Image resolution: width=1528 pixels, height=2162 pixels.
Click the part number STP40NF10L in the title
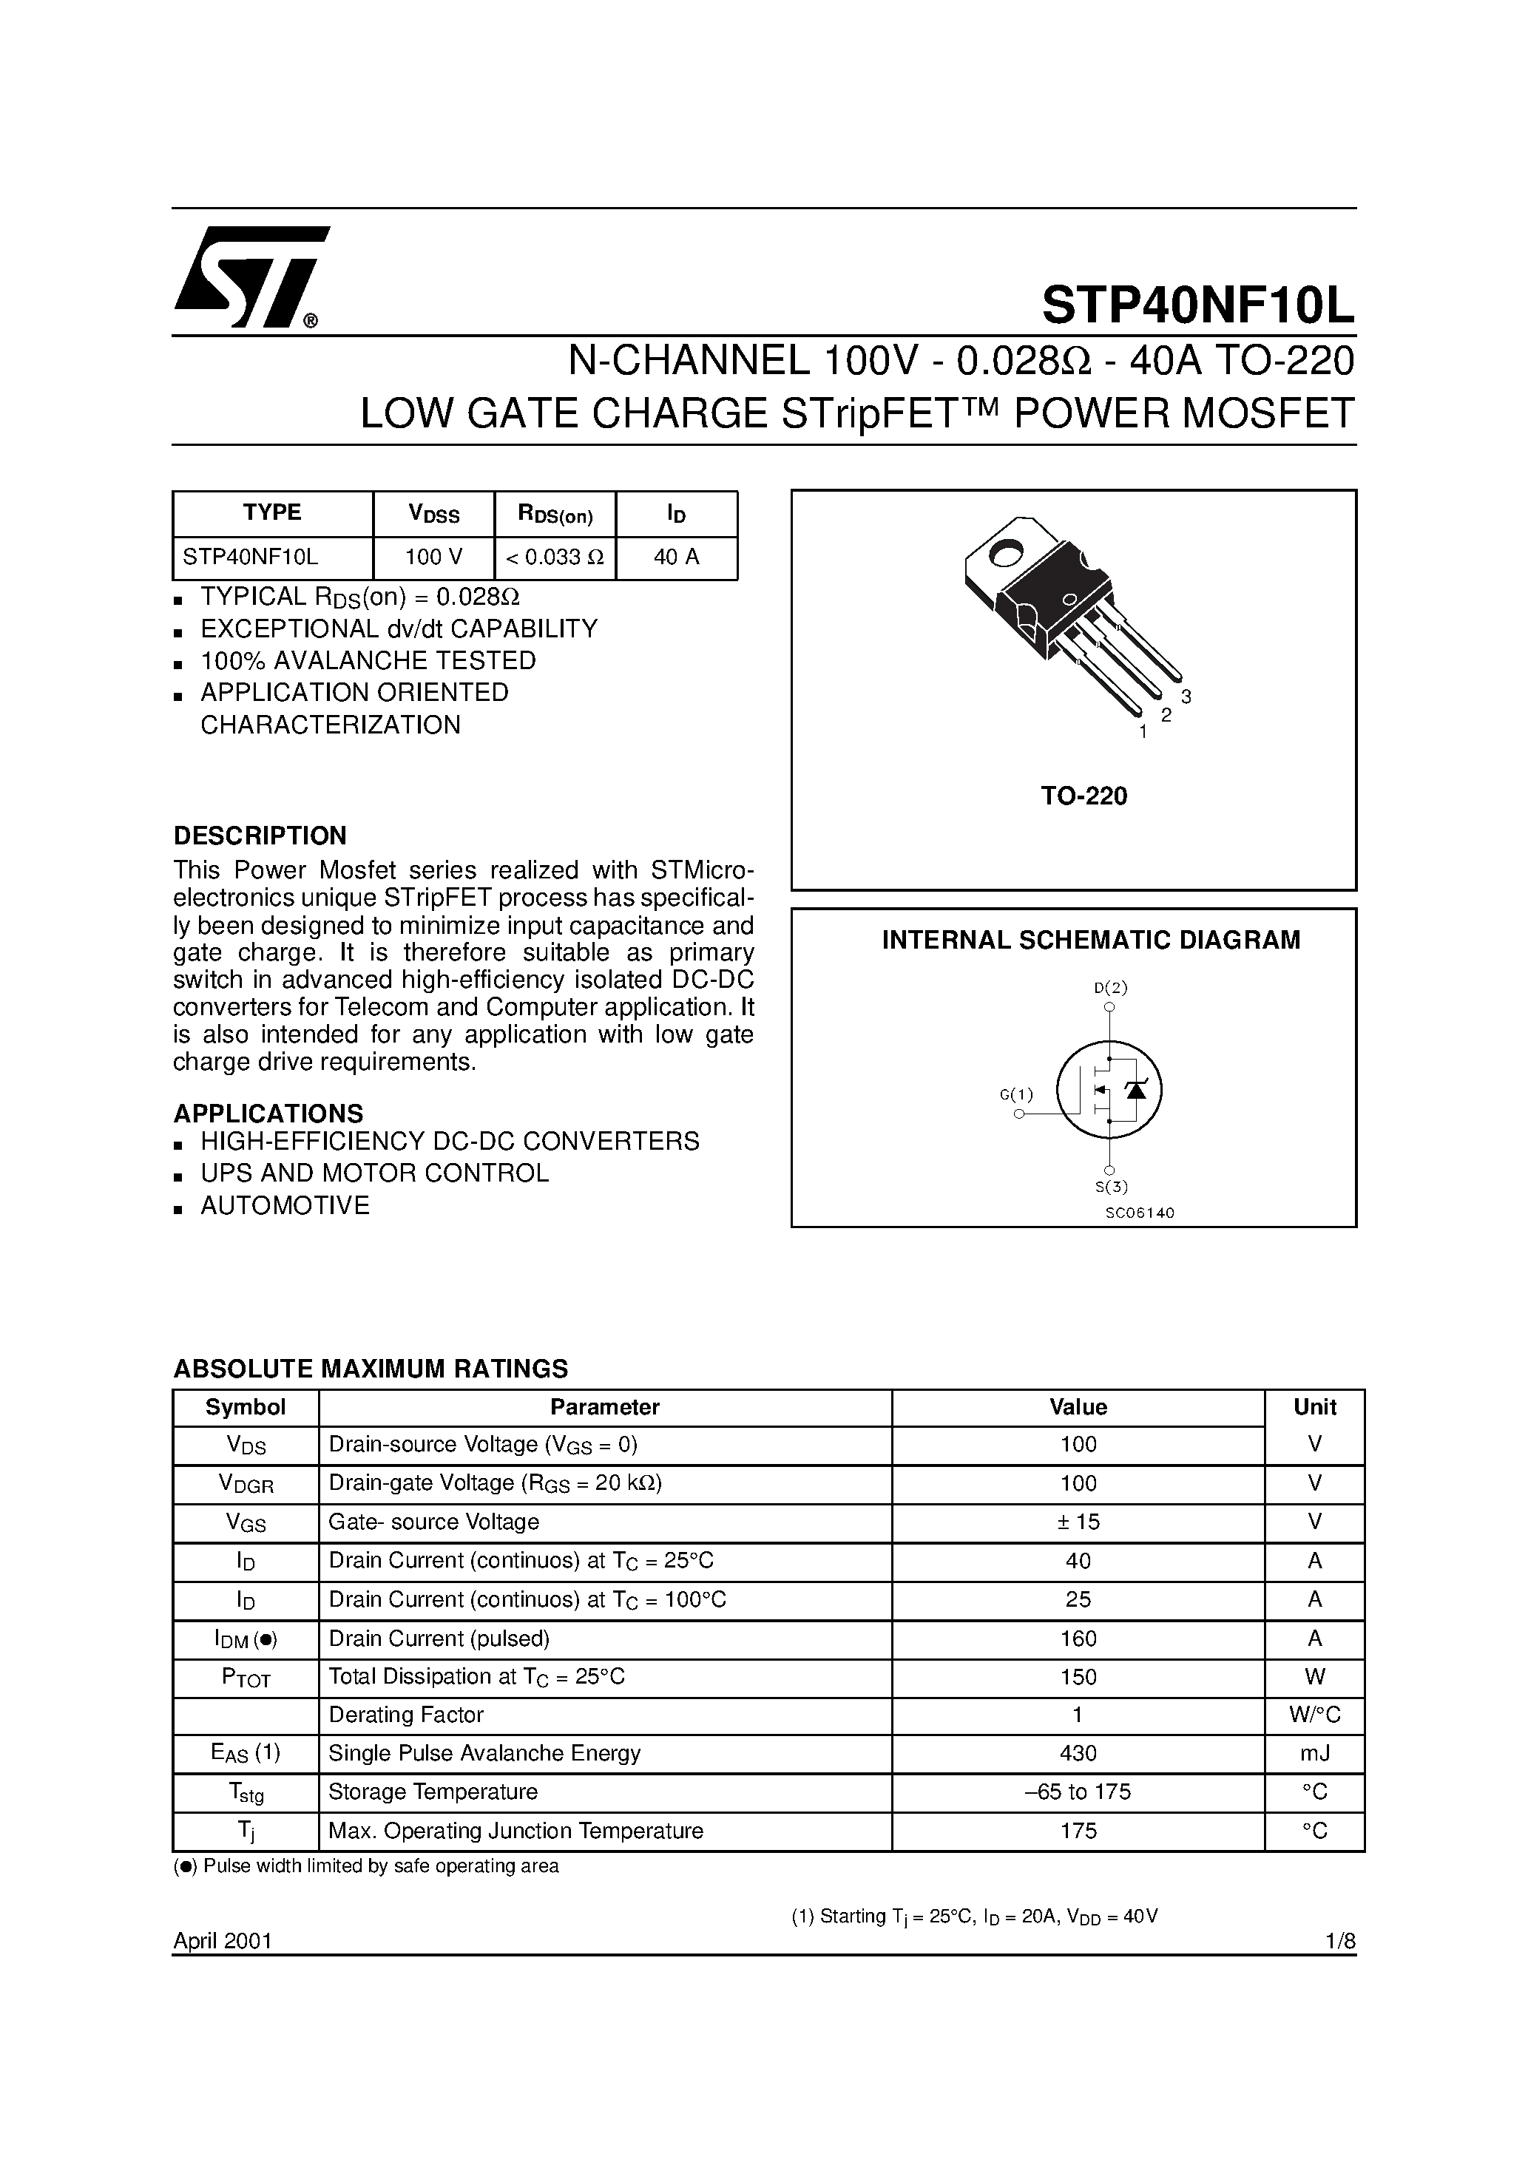pyautogui.click(x=1197, y=305)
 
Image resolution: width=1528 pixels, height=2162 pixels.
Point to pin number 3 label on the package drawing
pyautogui.click(x=1186, y=697)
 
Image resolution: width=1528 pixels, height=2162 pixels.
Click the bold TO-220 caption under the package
pyautogui.click(x=1084, y=796)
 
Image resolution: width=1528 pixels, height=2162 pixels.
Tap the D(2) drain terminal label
pyautogui.click(x=1111, y=988)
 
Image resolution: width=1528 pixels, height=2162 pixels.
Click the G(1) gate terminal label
pyautogui.click(x=1016, y=1094)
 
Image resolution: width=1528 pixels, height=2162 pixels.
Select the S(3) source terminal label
pyautogui.click(x=1111, y=1187)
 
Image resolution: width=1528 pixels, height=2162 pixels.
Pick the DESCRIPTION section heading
pyautogui.click(x=260, y=836)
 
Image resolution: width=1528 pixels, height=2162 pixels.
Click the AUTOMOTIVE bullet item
pyautogui.click(x=285, y=1205)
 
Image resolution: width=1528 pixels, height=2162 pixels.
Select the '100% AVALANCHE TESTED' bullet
pyautogui.click(x=368, y=661)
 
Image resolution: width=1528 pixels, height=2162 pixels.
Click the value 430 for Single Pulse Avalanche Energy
pyautogui.click(x=1078, y=1753)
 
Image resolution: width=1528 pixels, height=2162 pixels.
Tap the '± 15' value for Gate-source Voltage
pyautogui.click(x=1078, y=1522)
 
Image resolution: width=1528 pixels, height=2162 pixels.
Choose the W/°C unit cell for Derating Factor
pyautogui.click(x=1314, y=1715)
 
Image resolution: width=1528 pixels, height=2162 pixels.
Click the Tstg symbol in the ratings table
pyautogui.click(x=245, y=1793)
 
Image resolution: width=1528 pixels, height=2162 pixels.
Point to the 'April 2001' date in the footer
pyautogui.click(x=223, y=1941)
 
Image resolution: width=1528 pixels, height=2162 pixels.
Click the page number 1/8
pyautogui.click(x=1339, y=1941)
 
